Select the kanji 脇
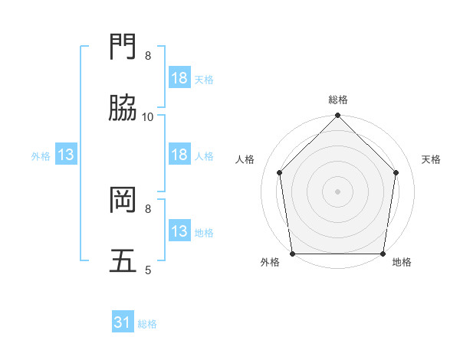(124, 110)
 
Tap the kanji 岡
(124, 201)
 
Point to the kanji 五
(124, 261)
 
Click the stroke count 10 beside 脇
(148, 116)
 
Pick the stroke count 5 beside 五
(148, 269)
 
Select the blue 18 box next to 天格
(179, 78)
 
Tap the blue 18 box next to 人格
(179, 155)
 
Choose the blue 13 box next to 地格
(179, 231)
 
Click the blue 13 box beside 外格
(66, 155)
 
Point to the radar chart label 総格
(338, 100)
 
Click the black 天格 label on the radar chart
(431, 159)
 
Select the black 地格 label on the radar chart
(402, 262)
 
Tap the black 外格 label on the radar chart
(270, 262)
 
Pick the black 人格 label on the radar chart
(245, 159)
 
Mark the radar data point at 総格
(338, 116)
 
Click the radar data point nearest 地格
(383, 254)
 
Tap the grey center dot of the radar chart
(338, 191)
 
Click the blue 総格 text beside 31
(147, 324)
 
